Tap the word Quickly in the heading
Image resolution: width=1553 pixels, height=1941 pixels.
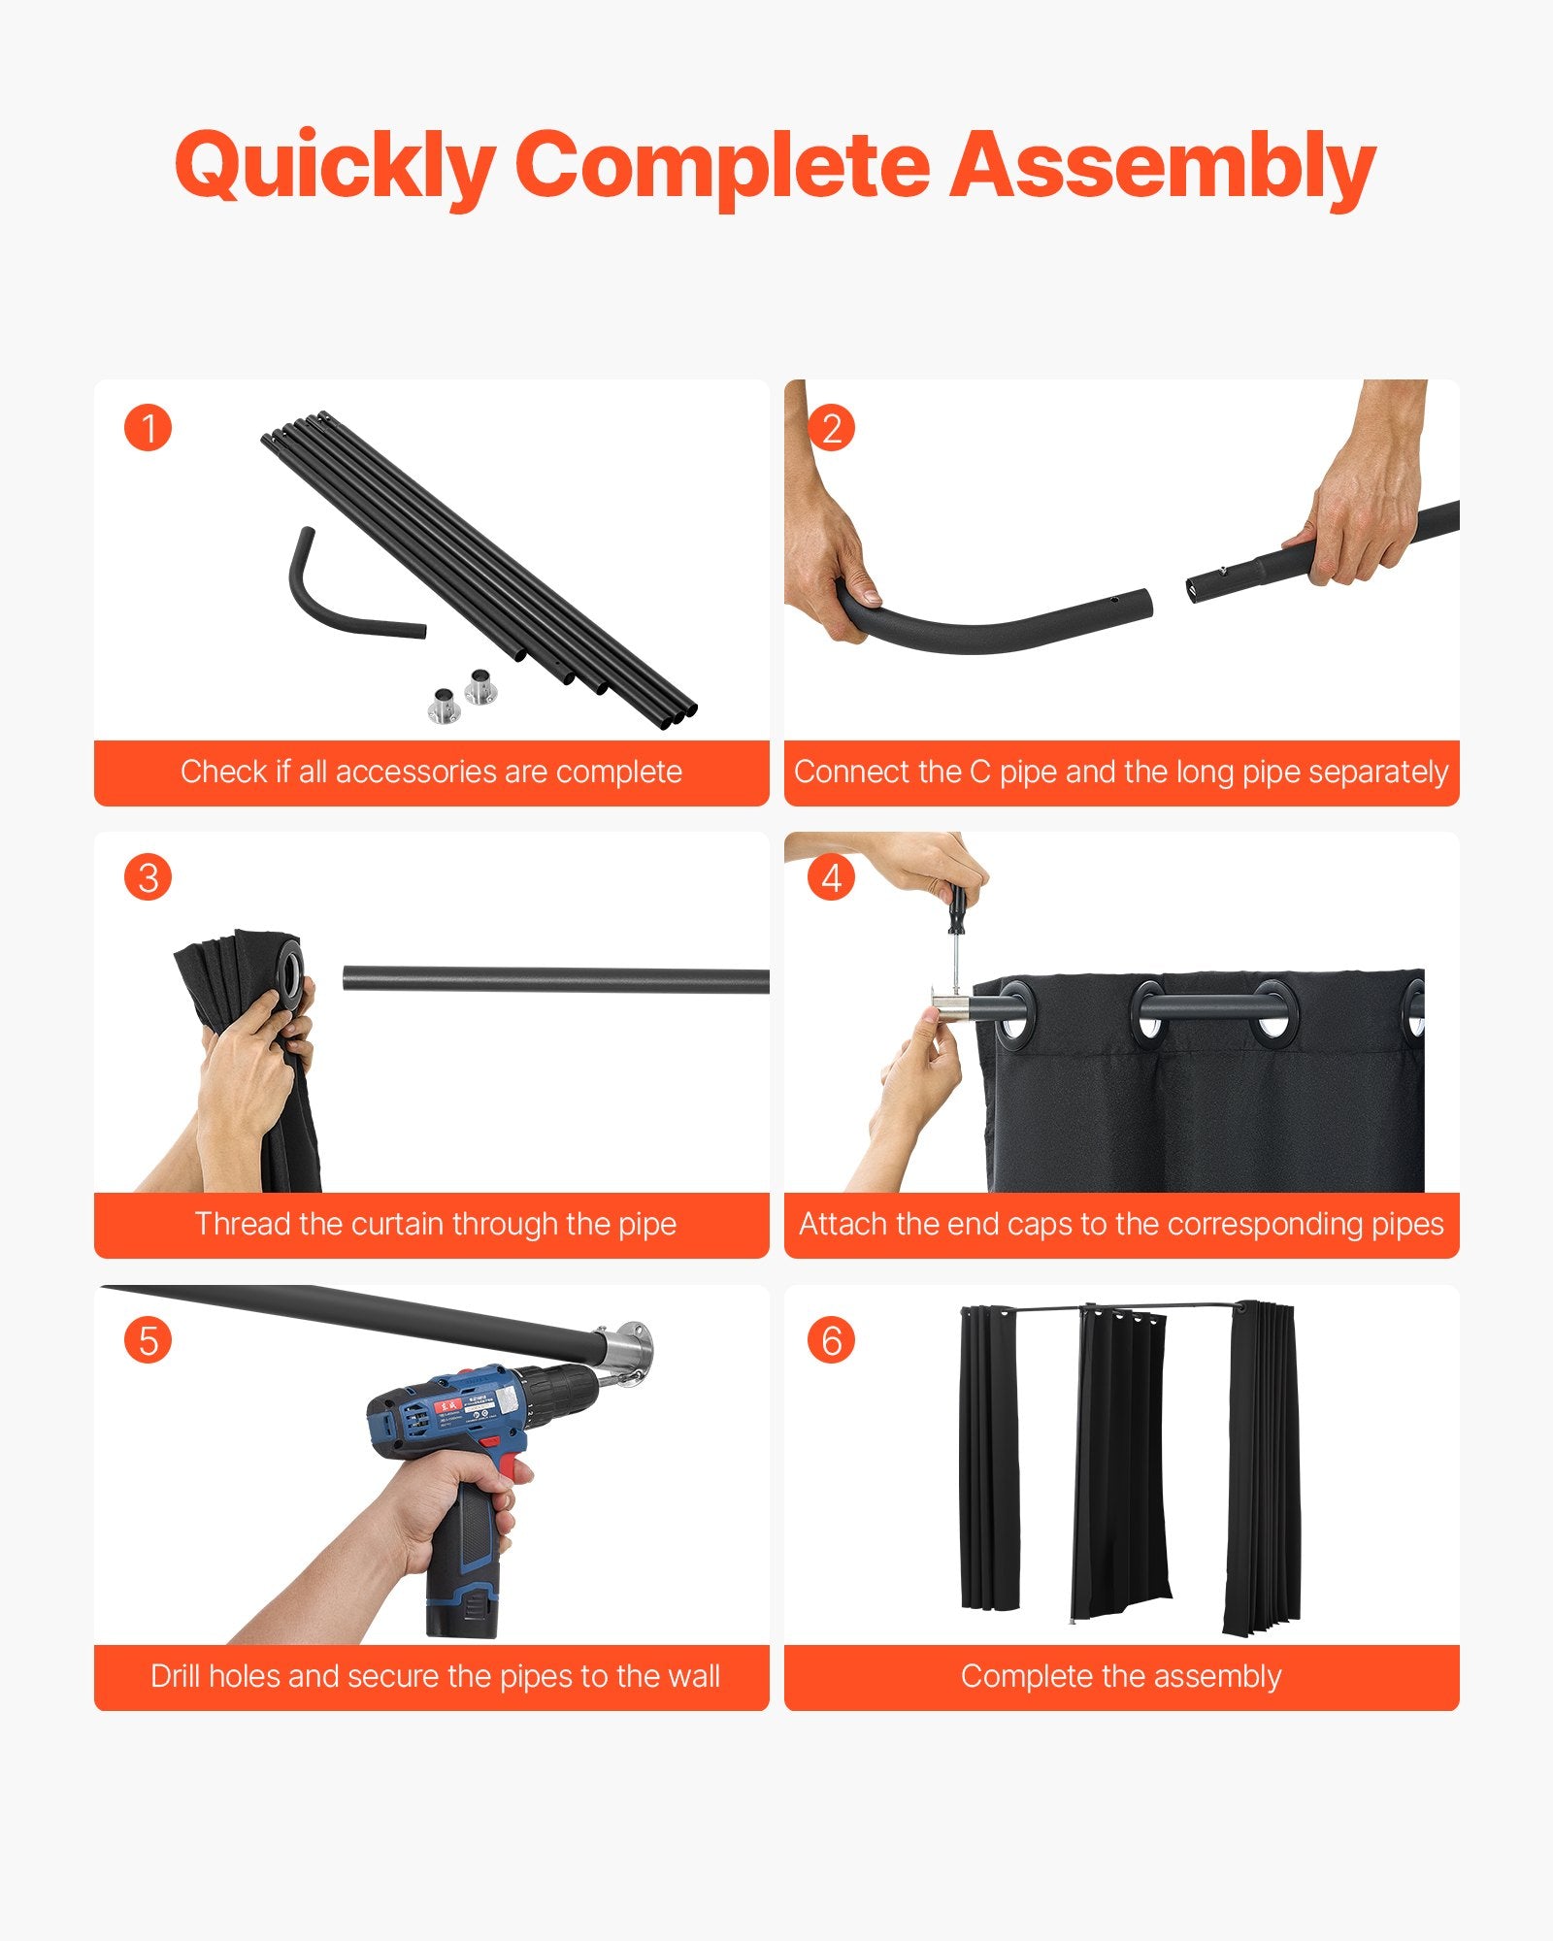tap(335, 167)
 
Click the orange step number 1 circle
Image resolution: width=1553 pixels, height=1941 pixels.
tap(148, 428)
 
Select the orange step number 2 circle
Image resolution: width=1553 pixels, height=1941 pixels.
tap(831, 428)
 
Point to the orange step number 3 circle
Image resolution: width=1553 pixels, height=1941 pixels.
tap(148, 878)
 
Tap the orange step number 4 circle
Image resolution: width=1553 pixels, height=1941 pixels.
tap(831, 878)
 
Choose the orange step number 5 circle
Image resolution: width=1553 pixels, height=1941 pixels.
tap(148, 1340)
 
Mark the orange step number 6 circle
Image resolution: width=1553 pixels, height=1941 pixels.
tap(831, 1340)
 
